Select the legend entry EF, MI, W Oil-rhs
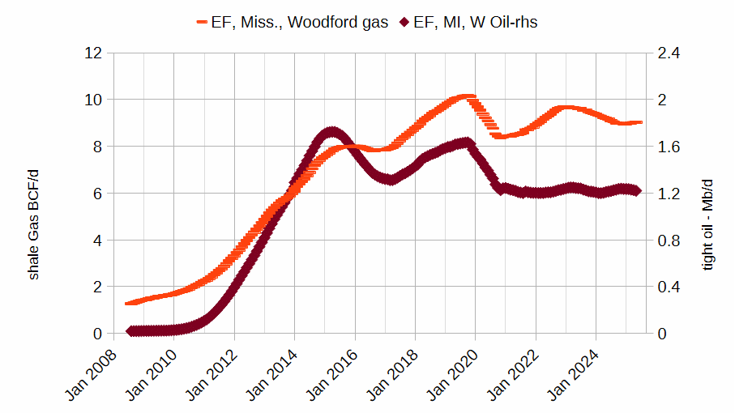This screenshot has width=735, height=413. [475, 22]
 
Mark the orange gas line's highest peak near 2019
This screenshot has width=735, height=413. [465, 97]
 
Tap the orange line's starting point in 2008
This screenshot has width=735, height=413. [128, 303]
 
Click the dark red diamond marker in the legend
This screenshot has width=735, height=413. [404, 23]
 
